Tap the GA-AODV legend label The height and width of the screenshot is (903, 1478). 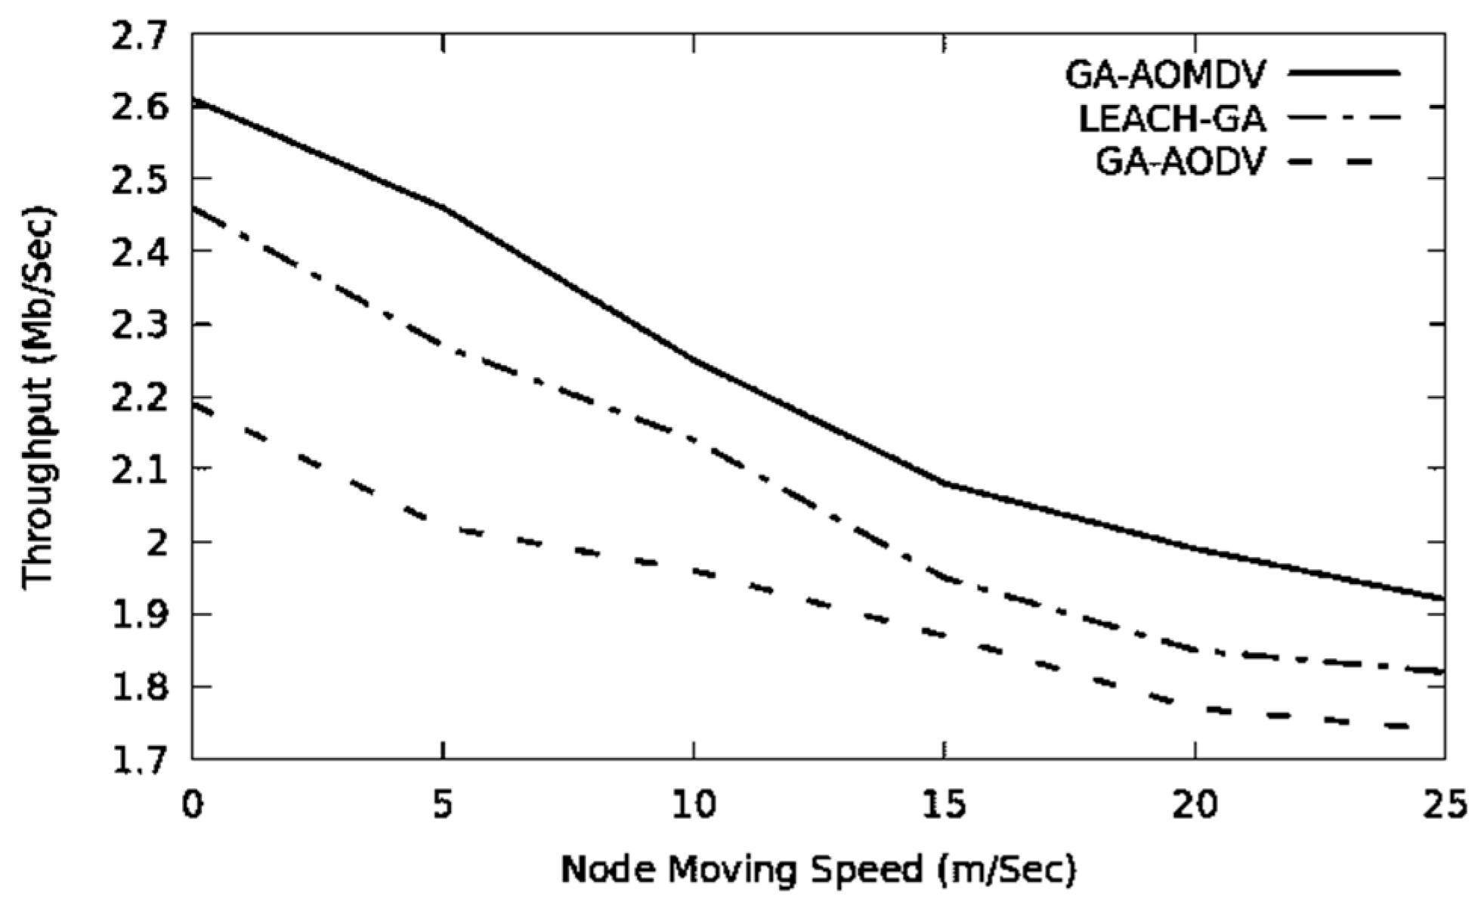pos(1180,162)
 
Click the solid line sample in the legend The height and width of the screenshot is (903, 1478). pos(1344,73)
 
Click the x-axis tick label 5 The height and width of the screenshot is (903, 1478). pos(443,805)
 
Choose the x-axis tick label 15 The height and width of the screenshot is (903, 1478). pos(944,805)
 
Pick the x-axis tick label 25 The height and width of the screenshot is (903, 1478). pos(1444,805)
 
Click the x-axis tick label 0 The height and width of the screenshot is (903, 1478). pos(193,805)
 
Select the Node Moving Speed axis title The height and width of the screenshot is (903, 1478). pos(817,870)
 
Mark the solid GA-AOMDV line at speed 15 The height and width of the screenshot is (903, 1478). pos(944,482)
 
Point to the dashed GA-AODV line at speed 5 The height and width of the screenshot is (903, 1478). pos(443,526)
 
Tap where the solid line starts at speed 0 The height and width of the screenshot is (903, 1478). pos(194,99)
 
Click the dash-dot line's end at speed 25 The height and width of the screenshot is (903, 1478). pos(1442,670)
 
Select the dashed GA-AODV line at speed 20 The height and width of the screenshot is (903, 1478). pos(1195,707)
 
